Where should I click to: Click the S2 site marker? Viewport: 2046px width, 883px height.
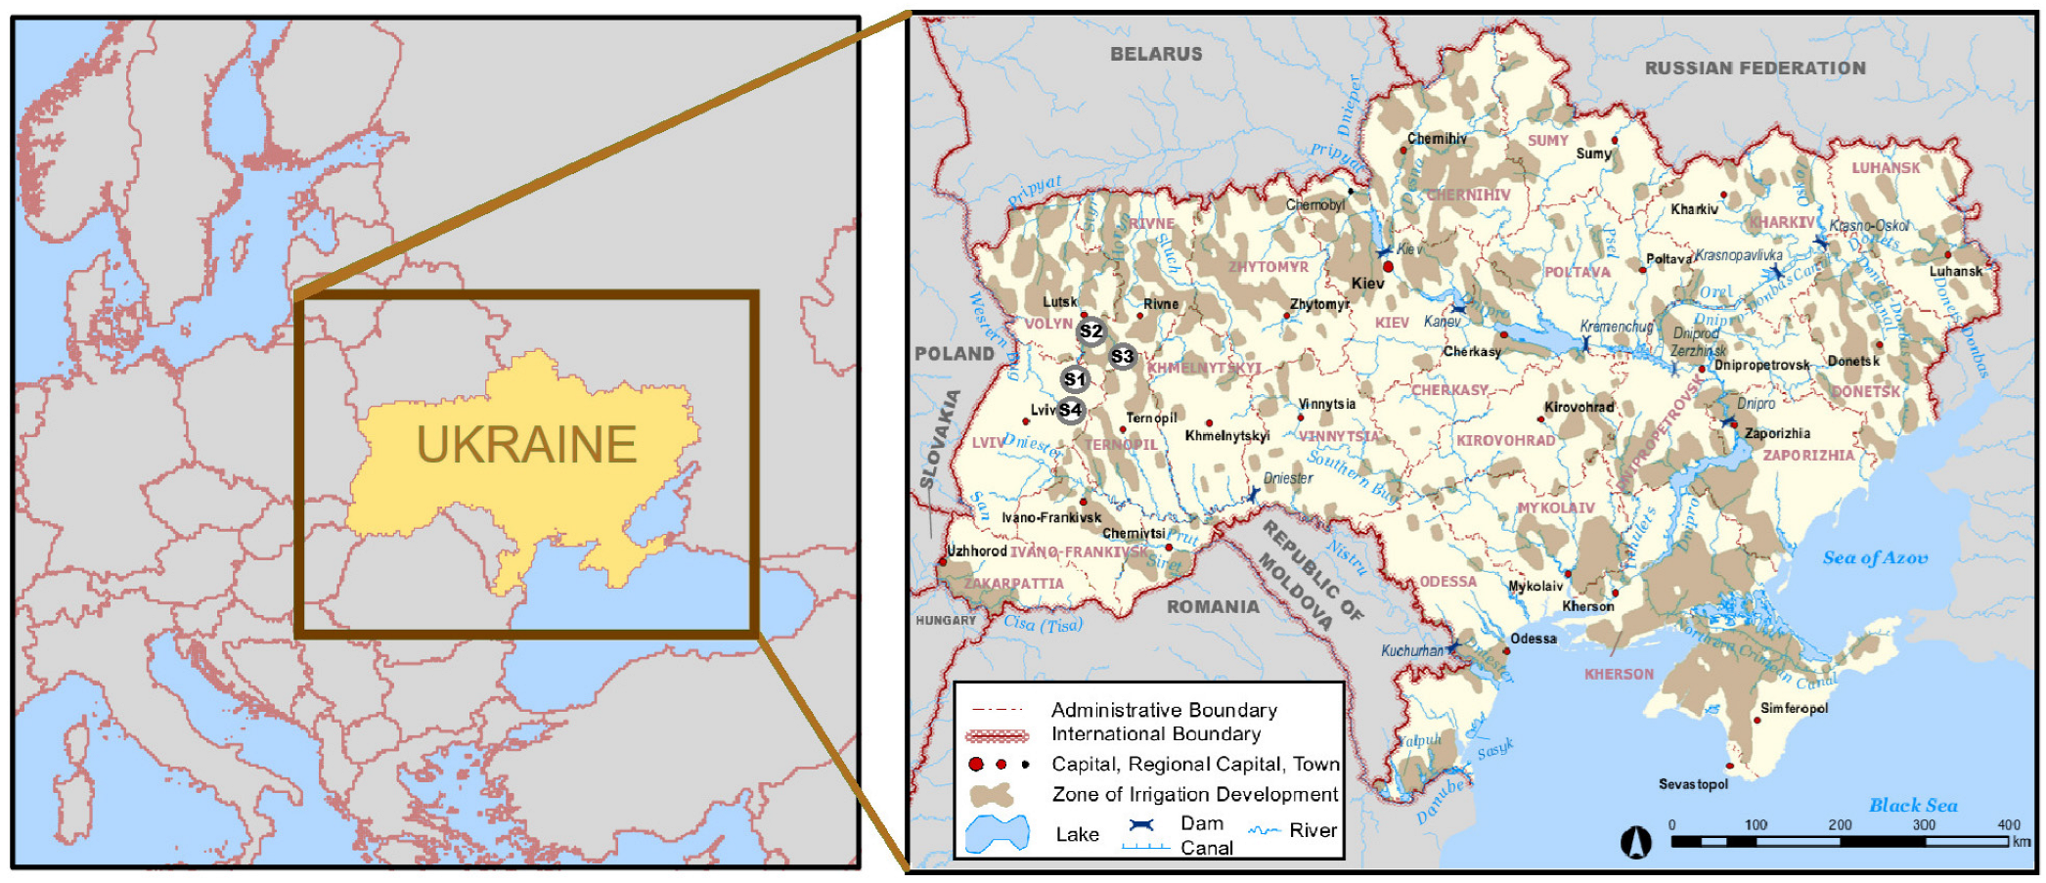[1090, 332]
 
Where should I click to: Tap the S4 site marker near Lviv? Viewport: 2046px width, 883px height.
[1070, 411]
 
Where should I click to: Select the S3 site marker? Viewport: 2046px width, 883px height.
[1122, 357]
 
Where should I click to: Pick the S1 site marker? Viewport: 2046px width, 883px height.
[1075, 379]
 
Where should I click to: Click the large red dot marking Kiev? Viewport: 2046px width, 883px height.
[1388, 266]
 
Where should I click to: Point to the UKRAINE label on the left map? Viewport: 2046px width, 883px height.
[526, 445]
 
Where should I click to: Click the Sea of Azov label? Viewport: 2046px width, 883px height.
[1874, 558]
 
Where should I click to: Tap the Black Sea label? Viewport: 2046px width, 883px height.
[1912, 806]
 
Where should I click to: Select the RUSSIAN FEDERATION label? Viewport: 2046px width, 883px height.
[1755, 68]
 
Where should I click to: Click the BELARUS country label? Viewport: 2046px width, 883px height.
[1155, 55]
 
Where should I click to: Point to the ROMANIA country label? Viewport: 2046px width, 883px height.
[1213, 607]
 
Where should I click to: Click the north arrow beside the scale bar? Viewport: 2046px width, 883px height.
[1636, 842]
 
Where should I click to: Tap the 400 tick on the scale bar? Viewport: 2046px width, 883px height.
[2009, 825]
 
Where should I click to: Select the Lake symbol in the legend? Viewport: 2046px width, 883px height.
[997, 834]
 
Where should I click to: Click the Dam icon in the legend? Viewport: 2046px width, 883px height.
[1141, 825]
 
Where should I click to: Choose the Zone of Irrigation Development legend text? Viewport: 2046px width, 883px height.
[1194, 795]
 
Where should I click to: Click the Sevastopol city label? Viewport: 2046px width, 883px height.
[1693, 784]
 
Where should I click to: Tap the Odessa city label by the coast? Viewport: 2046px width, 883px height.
[1533, 640]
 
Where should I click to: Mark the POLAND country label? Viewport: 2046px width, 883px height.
[954, 354]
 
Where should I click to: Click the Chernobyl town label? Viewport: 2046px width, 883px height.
[1315, 205]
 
